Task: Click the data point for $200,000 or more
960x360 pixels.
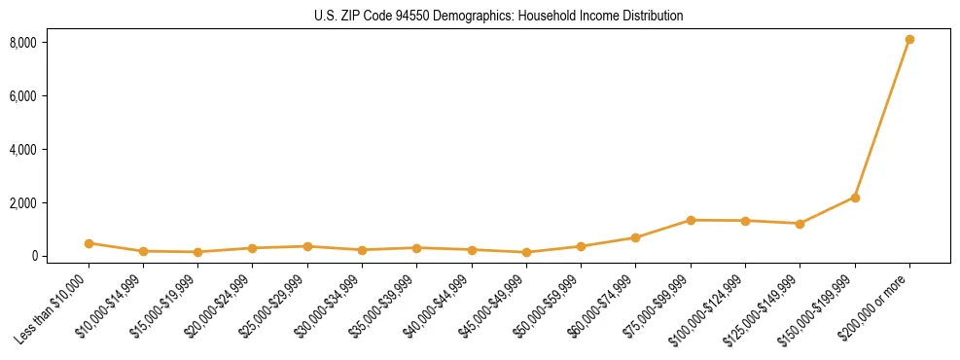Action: pos(909,40)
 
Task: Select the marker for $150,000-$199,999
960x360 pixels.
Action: pos(855,198)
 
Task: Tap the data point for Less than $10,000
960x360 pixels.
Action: pos(89,243)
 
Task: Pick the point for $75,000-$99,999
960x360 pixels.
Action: pos(691,220)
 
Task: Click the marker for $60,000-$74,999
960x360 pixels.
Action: pos(635,237)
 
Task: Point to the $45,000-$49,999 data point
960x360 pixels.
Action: pos(526,253)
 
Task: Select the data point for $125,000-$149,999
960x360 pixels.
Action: pos(800,224)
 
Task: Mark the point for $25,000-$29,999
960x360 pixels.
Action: pos(307,246)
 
